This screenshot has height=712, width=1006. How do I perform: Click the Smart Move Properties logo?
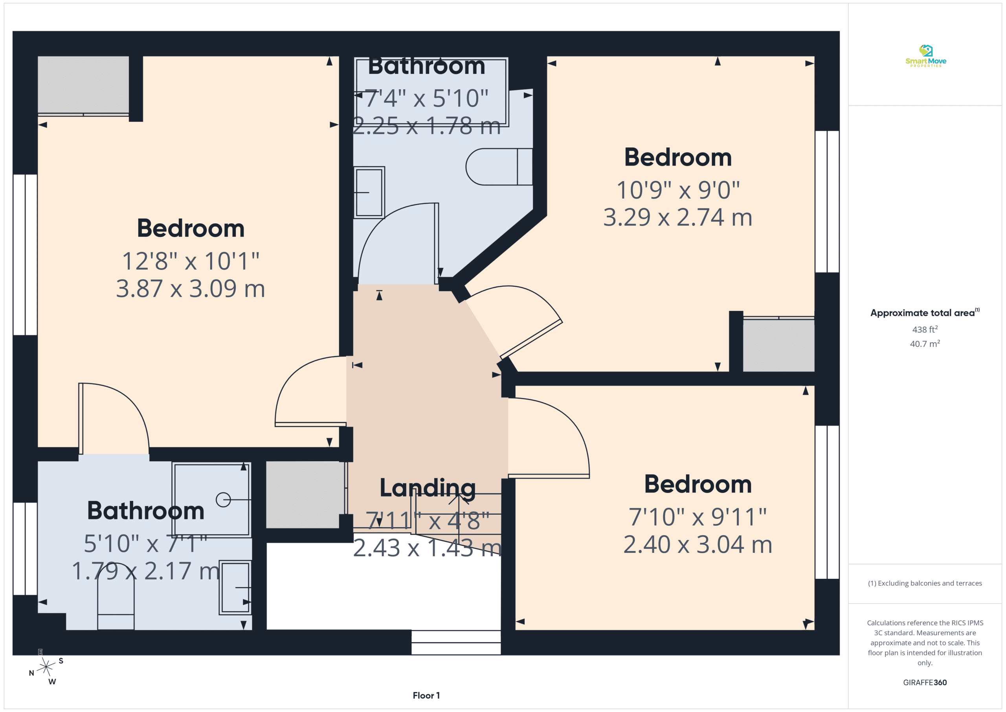click(925, 56)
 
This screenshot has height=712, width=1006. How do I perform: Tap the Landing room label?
click(427, 488)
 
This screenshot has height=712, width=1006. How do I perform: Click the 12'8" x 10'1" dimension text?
click(191, 261)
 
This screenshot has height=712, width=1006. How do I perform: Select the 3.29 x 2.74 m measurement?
click(678, 217)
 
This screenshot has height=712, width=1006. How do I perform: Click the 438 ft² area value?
click(925, 329)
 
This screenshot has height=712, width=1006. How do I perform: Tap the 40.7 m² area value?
click(925, 344)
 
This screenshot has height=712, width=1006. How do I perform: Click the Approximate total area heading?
click(925, 313)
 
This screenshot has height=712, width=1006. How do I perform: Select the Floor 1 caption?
click(426, 695)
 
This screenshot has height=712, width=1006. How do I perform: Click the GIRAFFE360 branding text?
click(925, 682)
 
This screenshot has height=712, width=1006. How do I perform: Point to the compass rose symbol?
click(46, 667)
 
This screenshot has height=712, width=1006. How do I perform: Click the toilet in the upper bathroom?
click(499, 167)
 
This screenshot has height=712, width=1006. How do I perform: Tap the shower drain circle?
click(223, 500)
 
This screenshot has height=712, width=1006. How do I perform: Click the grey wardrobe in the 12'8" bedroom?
click(83, 85)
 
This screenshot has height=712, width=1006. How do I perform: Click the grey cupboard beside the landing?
click(305, 495)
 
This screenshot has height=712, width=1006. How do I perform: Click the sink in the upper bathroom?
click(369, 193)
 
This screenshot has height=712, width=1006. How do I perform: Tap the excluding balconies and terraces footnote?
click(925, 583)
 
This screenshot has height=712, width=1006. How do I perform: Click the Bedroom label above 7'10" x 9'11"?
click(698, 484)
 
